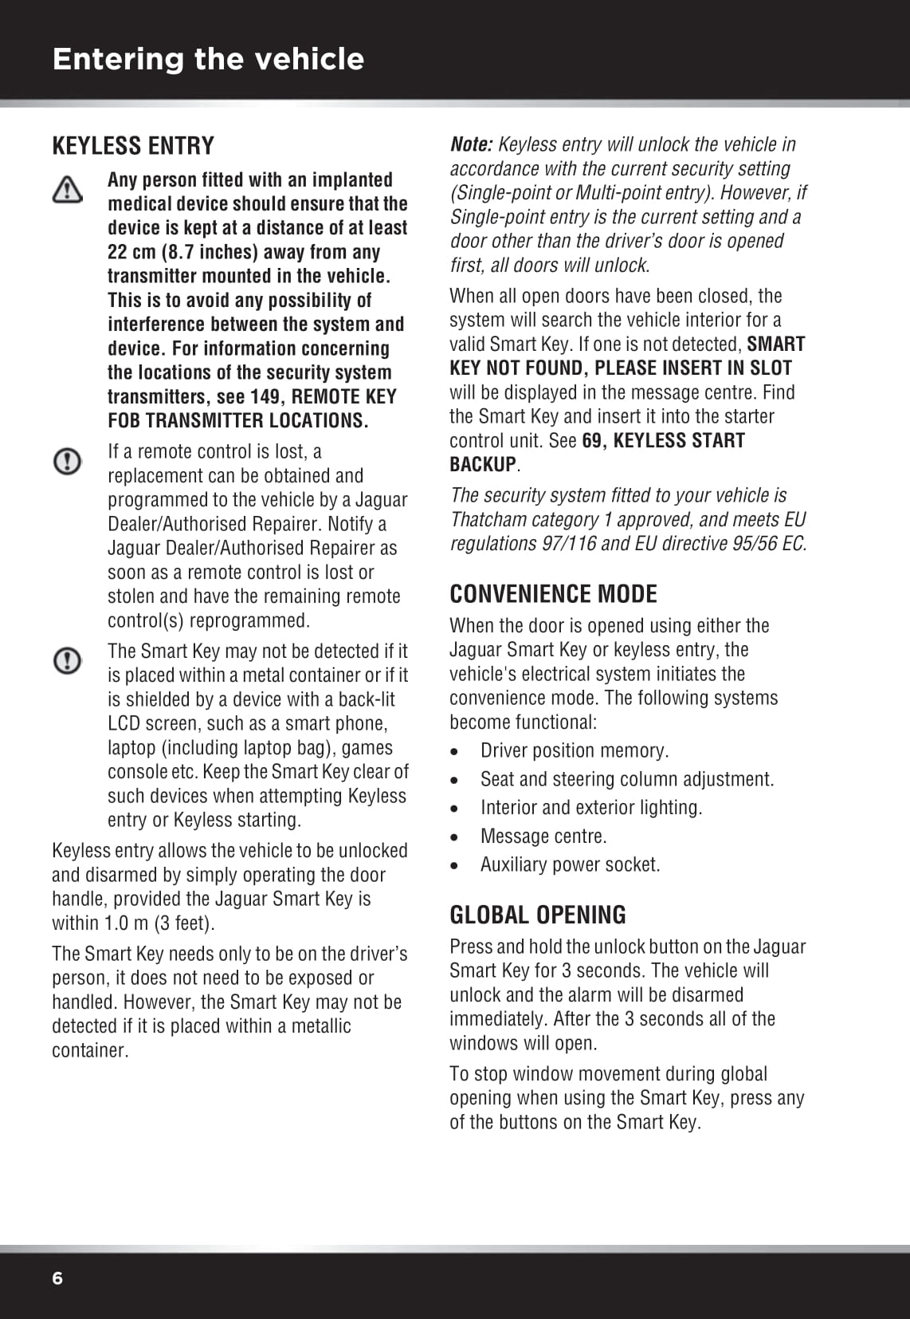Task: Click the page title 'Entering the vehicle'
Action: point(208,59)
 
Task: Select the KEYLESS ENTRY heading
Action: point(133,146)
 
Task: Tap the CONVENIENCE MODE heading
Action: point(553,594)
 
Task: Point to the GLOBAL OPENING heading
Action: point(538,915)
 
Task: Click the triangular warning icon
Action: point(68,190)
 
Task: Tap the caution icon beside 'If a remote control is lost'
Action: point(68,461)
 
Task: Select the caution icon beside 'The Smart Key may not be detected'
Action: point(68,660)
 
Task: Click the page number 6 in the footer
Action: point(57,1278)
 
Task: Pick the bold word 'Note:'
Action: point(472,144)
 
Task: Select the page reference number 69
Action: point(592,440)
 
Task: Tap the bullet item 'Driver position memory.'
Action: point(575,750)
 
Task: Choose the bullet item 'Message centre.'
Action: point(543,836)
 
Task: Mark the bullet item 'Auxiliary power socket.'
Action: point(570,864)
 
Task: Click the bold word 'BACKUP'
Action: point(483,464)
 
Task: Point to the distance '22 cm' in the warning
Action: point(131,252)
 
